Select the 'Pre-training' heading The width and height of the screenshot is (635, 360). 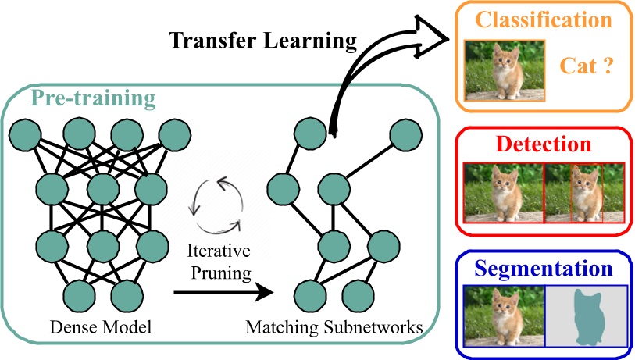(92, 99)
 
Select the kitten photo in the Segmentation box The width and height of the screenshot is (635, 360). (502, 317)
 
